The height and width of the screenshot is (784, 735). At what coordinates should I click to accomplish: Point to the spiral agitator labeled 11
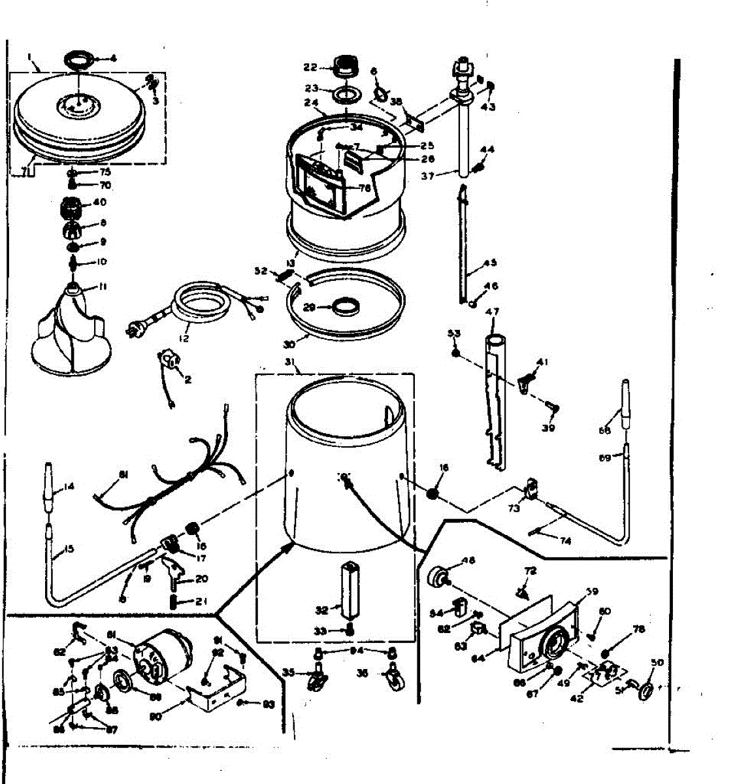(69, 330)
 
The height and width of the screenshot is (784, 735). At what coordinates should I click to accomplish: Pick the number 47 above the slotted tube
(491, 312)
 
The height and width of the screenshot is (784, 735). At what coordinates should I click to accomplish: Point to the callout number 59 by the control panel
(591, 592)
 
